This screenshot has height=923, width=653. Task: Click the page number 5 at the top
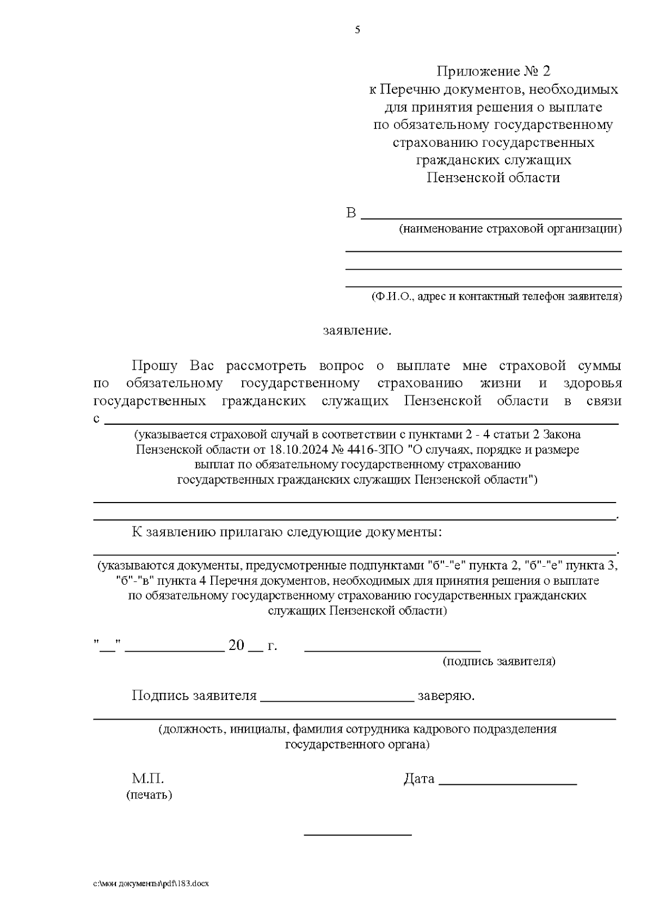pos(358,30)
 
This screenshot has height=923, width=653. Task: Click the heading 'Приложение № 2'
pos(494,71)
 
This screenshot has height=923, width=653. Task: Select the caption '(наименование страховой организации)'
pos(510,229)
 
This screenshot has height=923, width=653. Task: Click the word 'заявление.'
pos(357,331)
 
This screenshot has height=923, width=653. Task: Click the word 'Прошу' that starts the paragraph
pos(154,366)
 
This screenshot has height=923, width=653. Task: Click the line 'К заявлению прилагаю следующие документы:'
pos(287,532)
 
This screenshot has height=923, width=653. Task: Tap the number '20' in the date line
pos(237,646)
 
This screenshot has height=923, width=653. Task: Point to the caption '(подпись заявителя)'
pos(498,661)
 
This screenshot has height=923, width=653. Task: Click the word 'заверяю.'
pos(446,696)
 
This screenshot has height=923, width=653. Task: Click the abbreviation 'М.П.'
pos(148,779)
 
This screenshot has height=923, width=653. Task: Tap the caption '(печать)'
pos(149,795)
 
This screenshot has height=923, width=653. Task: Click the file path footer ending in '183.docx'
pos(151,884)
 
